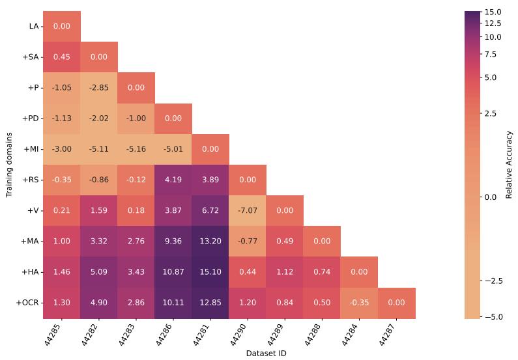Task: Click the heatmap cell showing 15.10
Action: (x=210, y=272)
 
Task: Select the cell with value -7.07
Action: (x=248, y=211)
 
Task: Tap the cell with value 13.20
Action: (x=210, y=242)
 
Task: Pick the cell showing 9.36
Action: (x=173, y=242)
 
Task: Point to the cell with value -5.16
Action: (x=136, y=149)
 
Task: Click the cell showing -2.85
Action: (x=99, y=88)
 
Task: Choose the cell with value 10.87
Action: (x=173, y=272)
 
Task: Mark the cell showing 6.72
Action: (x=210, y=211)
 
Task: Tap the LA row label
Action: (x=34, y=27)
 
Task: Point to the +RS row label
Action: (x=31, y=180)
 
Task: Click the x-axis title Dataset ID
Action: (x=266, y=353)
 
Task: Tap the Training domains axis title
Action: (x=9, y=165)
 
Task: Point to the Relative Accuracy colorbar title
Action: (x=510, y=165)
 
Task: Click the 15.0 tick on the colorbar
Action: (x=493, y=12)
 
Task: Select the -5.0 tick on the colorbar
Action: (x=493, y=317)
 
